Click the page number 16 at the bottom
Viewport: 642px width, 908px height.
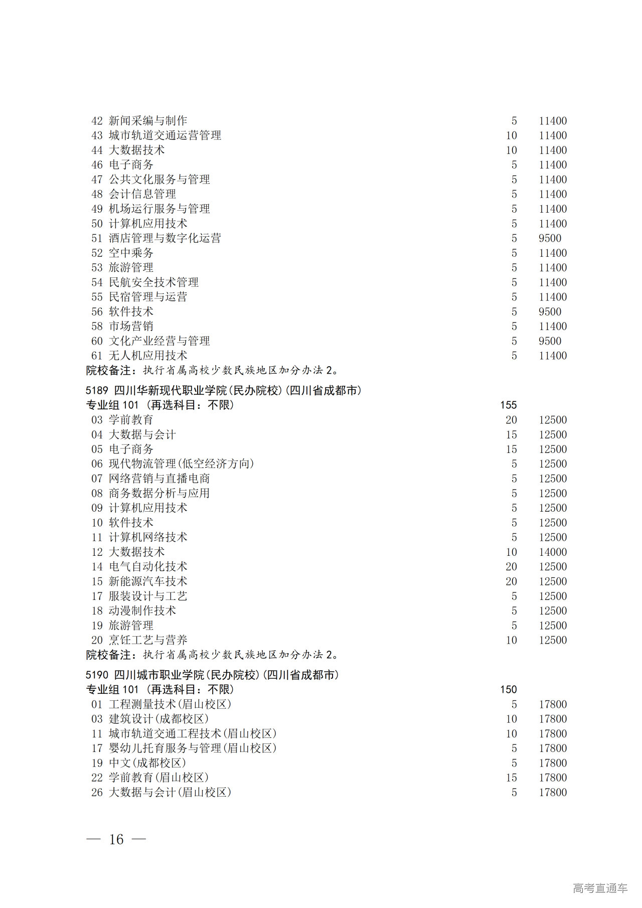116,839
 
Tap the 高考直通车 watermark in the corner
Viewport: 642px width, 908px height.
600,888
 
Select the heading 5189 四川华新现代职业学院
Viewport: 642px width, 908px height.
223,390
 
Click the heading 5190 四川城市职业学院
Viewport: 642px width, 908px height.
212,675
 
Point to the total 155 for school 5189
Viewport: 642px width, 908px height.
508,405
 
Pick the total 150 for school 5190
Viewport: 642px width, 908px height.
508,690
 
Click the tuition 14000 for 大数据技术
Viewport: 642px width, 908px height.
553,552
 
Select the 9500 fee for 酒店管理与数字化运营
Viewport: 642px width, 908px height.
550,238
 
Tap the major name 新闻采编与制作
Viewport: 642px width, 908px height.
148,121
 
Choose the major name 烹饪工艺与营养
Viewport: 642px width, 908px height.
148,640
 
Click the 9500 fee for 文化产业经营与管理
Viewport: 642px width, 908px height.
550,341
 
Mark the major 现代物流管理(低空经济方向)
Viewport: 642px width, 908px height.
182,464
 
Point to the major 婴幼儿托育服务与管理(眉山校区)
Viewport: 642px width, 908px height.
193,748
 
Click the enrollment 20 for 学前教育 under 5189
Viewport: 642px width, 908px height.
511,420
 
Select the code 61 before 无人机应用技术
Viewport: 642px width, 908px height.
97,356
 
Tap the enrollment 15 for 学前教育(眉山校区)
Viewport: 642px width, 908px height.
511,778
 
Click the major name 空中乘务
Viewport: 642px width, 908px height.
131,253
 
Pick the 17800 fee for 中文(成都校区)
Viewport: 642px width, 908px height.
553,763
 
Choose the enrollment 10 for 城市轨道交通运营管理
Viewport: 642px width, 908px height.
511,135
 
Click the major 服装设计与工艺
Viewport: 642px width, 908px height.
148,596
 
